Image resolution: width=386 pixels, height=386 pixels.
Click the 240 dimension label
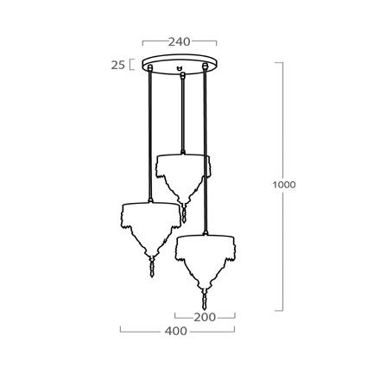pyautogui.click(x=180, y=41)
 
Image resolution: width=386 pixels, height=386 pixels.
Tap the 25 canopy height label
pyautogui.click(x=118, y=64)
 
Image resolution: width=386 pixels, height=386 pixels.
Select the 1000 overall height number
pyautogui.click(x=282, y=185)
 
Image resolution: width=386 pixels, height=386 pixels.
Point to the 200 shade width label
pyautogui.click(x=204, y=317)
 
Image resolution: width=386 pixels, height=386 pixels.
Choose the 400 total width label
pyautogui.click(x=177, y=331)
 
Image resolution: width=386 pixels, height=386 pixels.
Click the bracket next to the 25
pyautogui.click(x=132, y=64)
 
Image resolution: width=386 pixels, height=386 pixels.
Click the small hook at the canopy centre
pyautogui.click(x=180, y=67)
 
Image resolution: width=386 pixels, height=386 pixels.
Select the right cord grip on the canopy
pyautogui.click(x=206, y=67)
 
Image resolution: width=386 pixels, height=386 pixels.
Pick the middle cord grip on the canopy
pyautogui.click(x=182, y=76)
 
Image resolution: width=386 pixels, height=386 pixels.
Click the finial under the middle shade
pyautogui.click(x=183, y=211)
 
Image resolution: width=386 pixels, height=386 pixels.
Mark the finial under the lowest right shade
pyautogui.click(x=206, y=301)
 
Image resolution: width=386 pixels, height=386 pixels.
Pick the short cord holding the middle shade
pyautogui.click(x=182, y=117)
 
